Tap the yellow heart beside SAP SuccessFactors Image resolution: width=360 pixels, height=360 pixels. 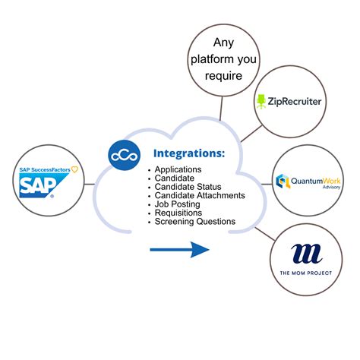point(74,168)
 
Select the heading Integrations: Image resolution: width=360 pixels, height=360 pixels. point(189,153)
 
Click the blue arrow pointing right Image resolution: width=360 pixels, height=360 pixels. point(179,249)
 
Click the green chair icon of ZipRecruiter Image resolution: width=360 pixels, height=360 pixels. point(261,99)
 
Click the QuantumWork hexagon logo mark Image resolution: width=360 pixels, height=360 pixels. point(283,181)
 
